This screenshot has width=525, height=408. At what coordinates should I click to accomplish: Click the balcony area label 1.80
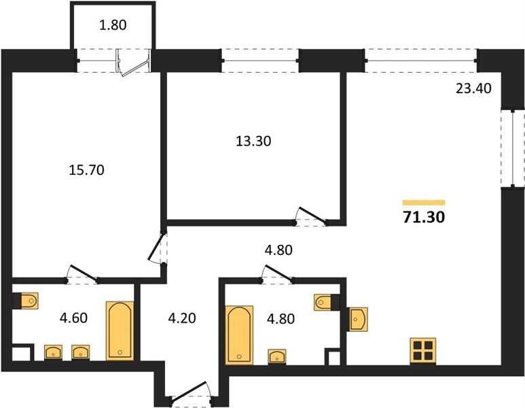[113, 25]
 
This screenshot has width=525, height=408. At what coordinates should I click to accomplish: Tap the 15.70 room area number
[86, 170]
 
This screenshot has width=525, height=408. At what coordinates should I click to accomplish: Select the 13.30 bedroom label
[253, 141]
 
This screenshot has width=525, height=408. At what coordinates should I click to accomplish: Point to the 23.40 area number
[474, 88]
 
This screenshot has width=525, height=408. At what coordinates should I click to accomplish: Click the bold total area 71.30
[424, 217]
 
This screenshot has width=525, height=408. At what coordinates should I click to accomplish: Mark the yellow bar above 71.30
[424, 203]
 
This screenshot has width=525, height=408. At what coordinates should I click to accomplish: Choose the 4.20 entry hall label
[182, 318]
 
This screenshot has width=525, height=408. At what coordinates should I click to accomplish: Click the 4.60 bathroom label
[73, 318]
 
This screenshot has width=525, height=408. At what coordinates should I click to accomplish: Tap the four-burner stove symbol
[423, 351]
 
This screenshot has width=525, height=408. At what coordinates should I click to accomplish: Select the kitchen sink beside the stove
[357, 319]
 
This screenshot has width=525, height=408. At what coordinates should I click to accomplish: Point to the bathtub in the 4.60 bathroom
[120, 331]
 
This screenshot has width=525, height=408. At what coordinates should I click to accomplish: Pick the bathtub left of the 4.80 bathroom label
[239, 335]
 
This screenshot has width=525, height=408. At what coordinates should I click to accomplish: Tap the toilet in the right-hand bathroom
[327, 303]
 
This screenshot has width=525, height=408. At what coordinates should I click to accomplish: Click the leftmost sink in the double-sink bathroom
[53, 353]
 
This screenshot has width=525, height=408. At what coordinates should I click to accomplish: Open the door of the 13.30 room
[311, 217]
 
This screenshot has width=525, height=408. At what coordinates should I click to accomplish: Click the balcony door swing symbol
[133, 63]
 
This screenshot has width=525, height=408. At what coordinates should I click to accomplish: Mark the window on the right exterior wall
[513, 148]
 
